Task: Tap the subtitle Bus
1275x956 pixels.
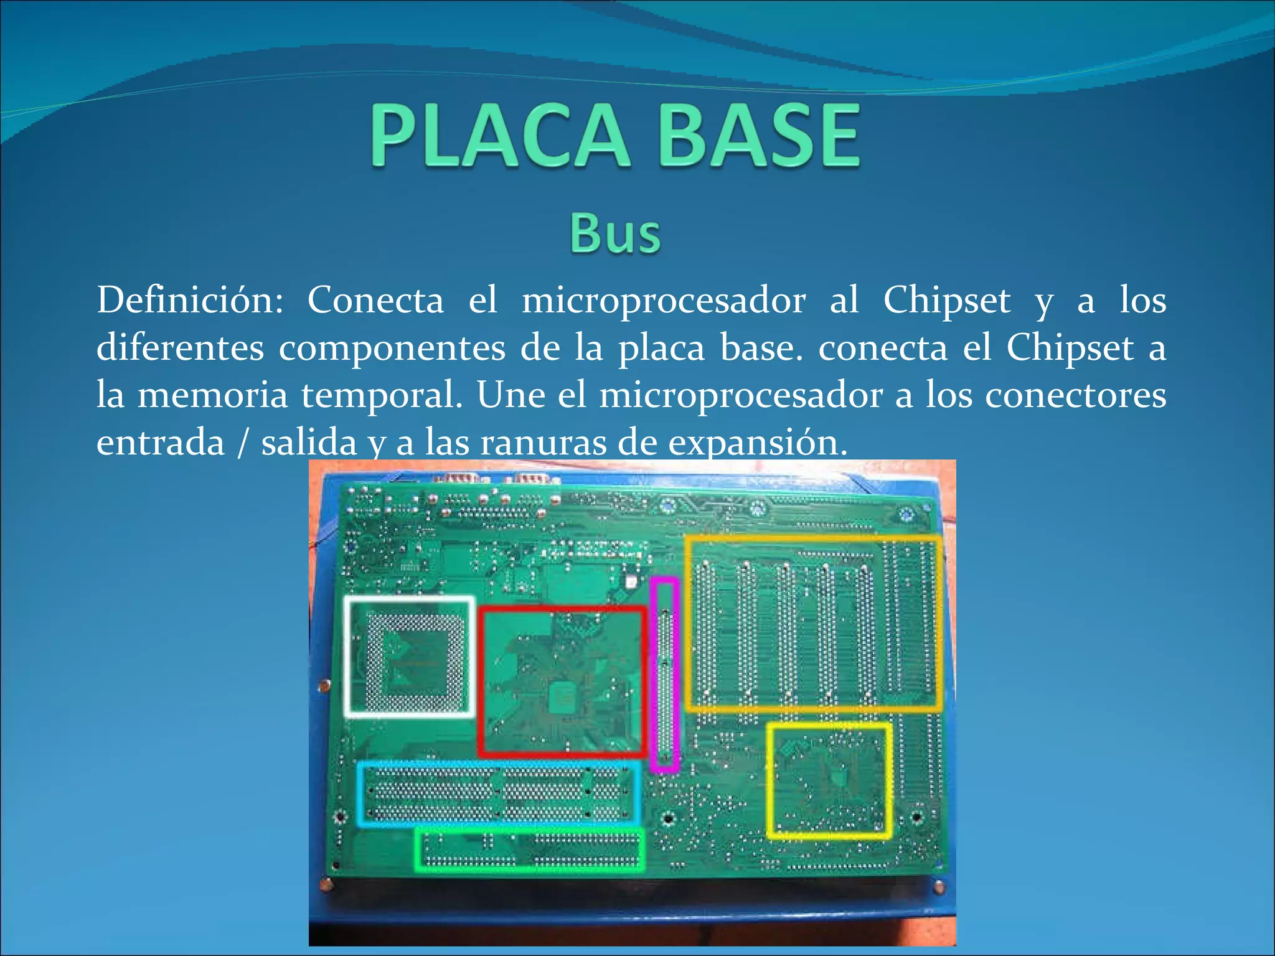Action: pyautogui.click(x=615, y=233)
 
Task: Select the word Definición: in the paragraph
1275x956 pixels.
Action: pyautogui.click(x=190, y=301)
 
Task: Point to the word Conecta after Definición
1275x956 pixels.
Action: pyautogui.click(x=375, y=301)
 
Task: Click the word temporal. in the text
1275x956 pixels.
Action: pyautogui.click(x=382, y=395)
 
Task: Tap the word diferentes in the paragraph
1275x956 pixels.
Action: pyautogui.click(x=180, y=348)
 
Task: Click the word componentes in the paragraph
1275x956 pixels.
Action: pyautogui.click(x=392, y=348)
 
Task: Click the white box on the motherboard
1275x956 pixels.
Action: pyautogui.click(x=410, y=657)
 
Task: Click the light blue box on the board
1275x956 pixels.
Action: pyautogui.click(x=499, y=794)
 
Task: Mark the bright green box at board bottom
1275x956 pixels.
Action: pyautogui.click(x=530, y=850)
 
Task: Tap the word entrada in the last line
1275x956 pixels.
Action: pyautogui.click(x=161, y=443)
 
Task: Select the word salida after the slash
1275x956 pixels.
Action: pyautogui.click(x=309, y=443)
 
